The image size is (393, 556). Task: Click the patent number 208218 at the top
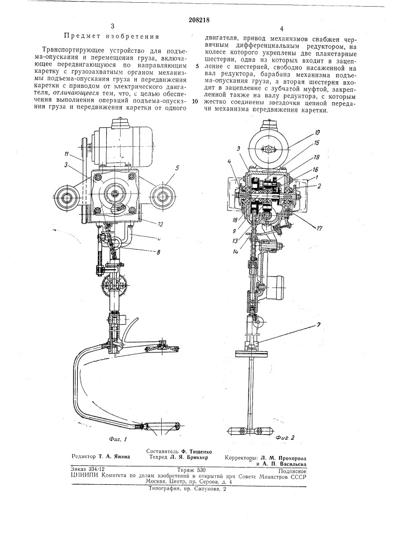coord(197,20)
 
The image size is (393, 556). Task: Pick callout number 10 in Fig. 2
coord(316,133)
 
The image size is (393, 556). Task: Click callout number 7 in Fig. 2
coord(310,325)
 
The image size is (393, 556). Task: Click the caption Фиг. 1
coord(118,439)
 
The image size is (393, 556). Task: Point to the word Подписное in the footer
coord(292,471)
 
